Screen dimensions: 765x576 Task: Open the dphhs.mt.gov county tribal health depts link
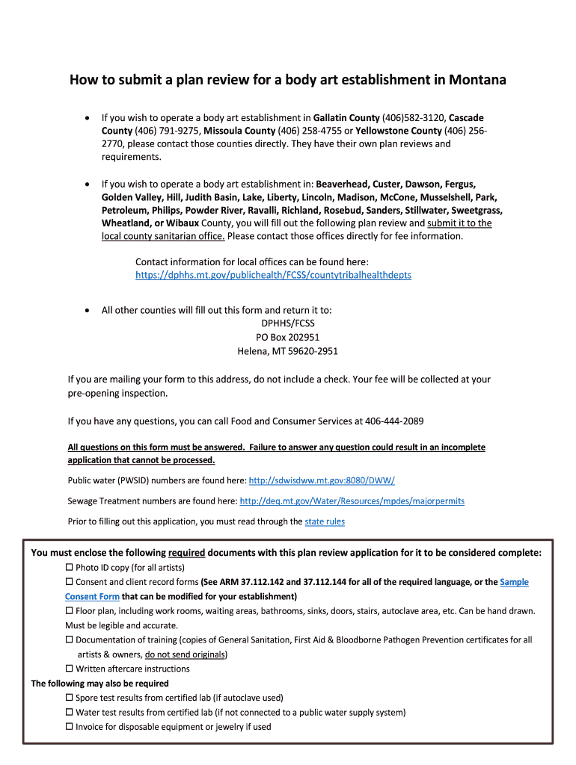(x=273, y=275)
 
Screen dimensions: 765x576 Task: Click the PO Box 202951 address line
(x=288, y=337)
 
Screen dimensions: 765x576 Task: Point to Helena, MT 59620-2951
(x=288, y=351)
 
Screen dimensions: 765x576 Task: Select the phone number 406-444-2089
(x=394, y=421)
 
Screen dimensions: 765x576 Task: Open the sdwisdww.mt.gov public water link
(x=321, y=480)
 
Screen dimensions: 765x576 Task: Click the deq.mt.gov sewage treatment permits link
(x=352, y=501)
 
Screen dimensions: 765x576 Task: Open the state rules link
(x=325, y=521)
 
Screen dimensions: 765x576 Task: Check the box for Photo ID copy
(x=70, y=568)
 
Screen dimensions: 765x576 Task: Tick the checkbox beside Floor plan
(x=70, y=611)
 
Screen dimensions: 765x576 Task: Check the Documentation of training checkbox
(x=70, y=640)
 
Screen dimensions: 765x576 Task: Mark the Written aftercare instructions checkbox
(x=70, y=669)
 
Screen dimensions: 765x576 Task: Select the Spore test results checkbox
(x=70, y=698)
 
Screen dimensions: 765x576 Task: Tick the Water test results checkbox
(x=70, y=712)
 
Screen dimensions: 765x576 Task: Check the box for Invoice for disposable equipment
(x=70, y=726)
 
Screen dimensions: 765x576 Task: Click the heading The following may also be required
(x=99, y=683)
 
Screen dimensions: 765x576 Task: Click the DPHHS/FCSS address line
(x=288, y=323)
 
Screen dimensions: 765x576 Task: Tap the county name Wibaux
(x=182, y=223)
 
